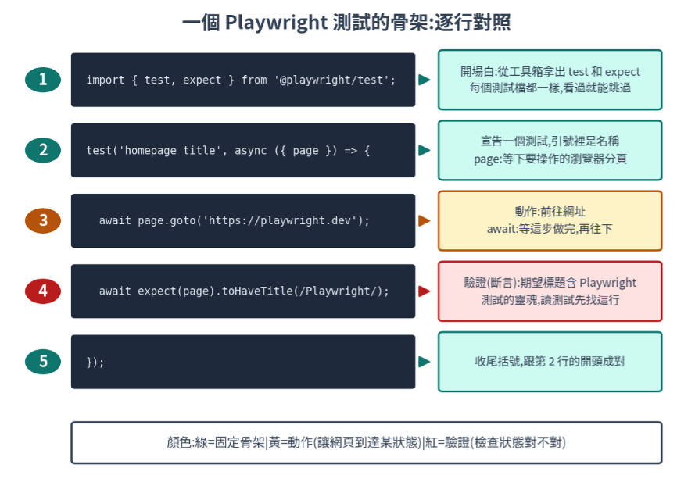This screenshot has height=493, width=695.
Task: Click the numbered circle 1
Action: point(43,80)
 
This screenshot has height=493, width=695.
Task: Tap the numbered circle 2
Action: point(43,150)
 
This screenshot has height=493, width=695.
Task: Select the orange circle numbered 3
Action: point(43,220)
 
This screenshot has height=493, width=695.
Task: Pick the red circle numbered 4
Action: point(43,291)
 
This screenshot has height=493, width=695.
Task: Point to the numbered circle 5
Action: point(43,362)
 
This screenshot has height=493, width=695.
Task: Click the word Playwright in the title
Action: point(276,23)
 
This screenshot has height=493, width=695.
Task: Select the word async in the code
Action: point(251,151)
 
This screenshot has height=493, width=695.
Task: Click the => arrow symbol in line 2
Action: point(350,151)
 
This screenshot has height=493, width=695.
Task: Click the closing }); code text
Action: point(95,362)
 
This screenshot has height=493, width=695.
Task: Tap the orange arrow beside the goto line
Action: point(425,220)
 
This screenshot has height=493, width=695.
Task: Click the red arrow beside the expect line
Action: point(425,291)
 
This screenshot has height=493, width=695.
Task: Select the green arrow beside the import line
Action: point(425,80)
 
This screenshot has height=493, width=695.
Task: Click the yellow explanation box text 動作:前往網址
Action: point(550,212)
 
